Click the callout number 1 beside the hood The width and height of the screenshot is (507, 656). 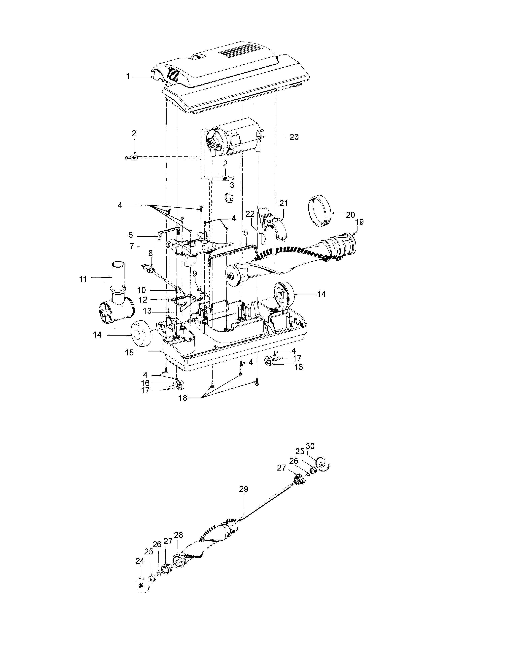pyautogui.click(x=128, y=77)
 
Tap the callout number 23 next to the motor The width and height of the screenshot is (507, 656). pyautogui.click(x=294, y=137)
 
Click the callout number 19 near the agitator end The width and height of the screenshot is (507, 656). pyautogui.click(x=359, y=222)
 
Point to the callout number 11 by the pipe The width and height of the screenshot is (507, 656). pyautogui.click(x=83, y=279)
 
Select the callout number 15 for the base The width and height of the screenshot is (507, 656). pyautogui.click(x=129, y=352)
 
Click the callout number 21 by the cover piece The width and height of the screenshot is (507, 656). pyautogui.click(x=283, y=203)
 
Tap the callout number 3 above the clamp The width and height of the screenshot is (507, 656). pyautogui.click(x=232, y=185)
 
